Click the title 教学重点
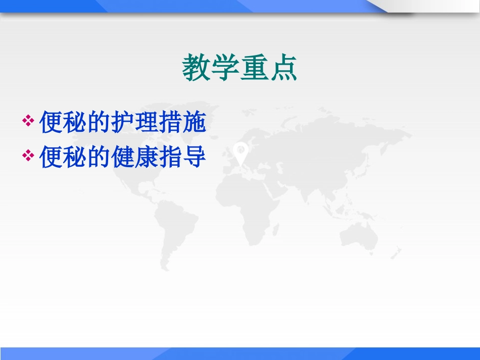[x=239, y=69]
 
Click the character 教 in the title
[x=197, y=69]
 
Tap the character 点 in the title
[x=283, y=69]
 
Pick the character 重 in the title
[x=254, y=69]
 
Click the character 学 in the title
[x=225, y=69]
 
